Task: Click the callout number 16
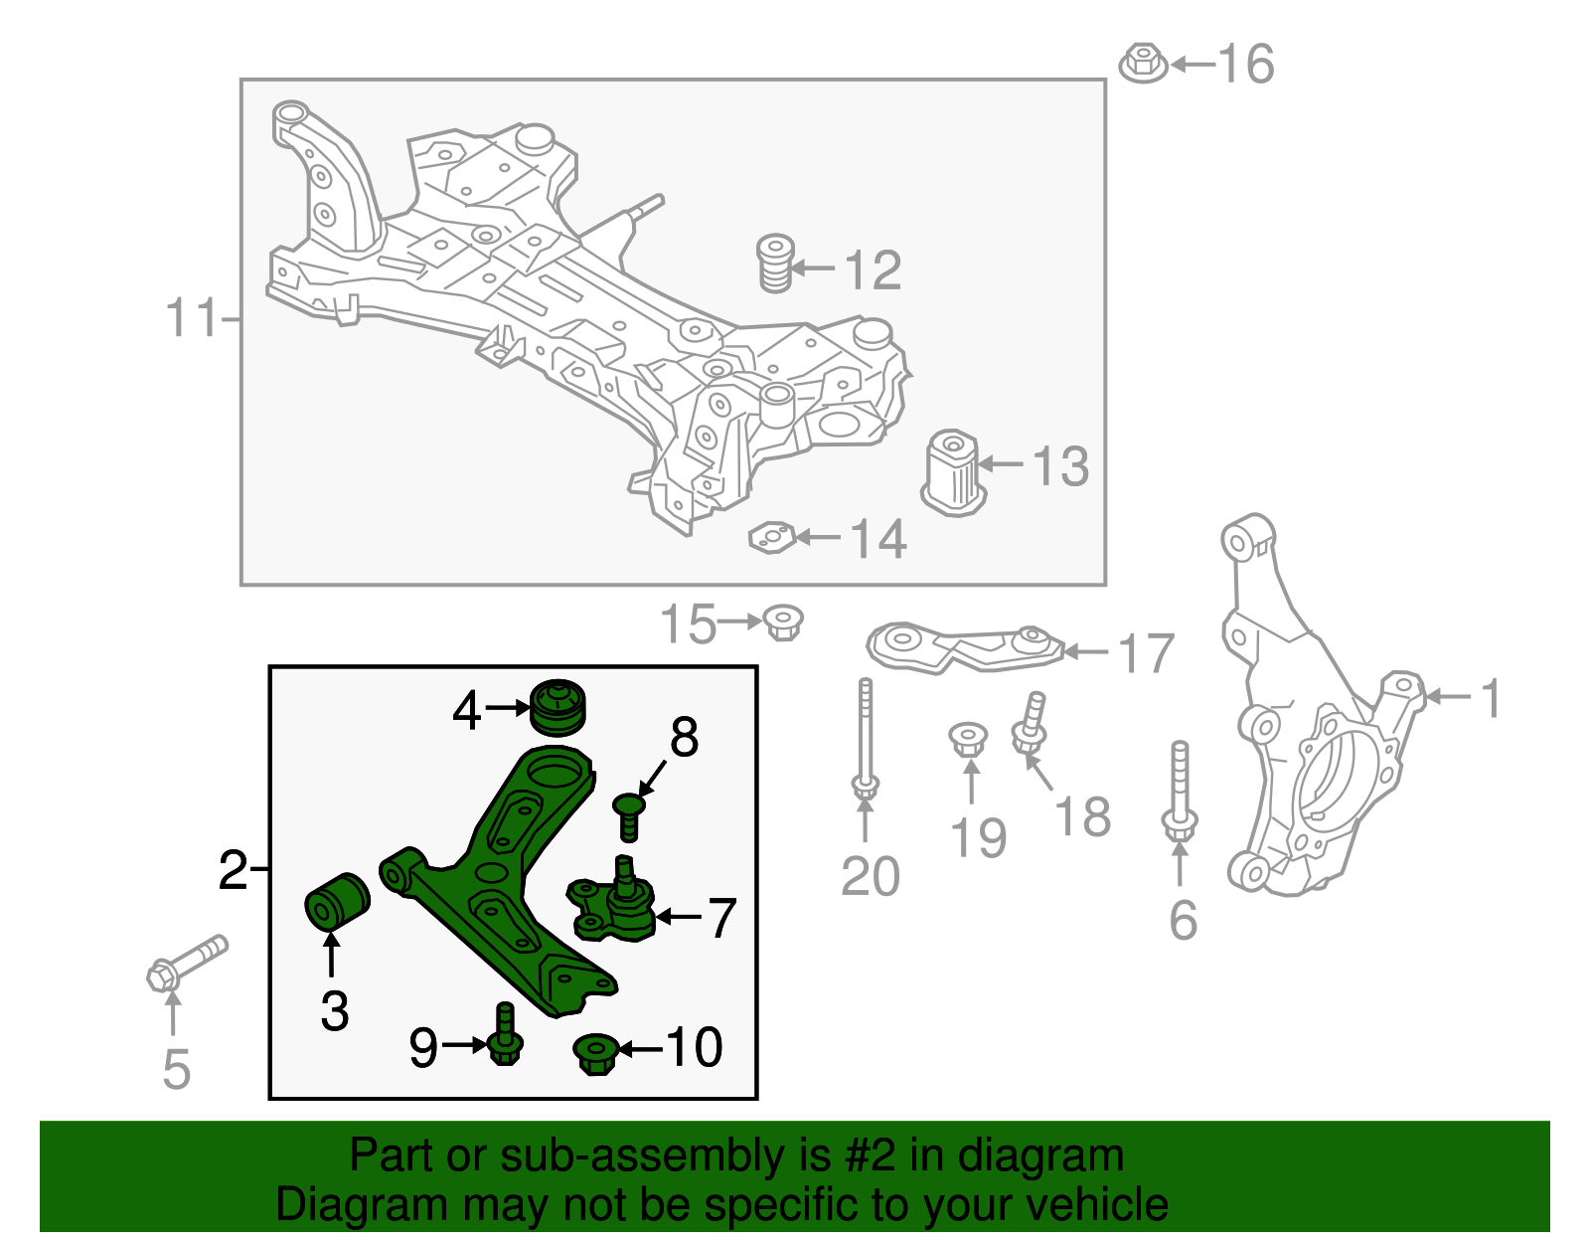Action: [1247, 65]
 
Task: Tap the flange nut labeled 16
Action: [1144, 63]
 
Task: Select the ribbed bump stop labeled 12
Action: [775, 264]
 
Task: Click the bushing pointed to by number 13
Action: [953, 472]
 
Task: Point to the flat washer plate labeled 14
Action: [772, 538]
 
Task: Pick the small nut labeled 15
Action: [783, 622]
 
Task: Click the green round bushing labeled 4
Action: [558, 707]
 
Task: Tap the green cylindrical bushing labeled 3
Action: [337, 901]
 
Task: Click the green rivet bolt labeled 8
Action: [628, 816]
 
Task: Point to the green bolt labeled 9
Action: [504, 1033]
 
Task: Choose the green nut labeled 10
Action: [595, 1054]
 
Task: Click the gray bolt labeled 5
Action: [187, 964]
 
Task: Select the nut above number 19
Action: [968, 740]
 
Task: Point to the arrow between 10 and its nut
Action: [641, 1049]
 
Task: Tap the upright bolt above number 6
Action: [1179, 792]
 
